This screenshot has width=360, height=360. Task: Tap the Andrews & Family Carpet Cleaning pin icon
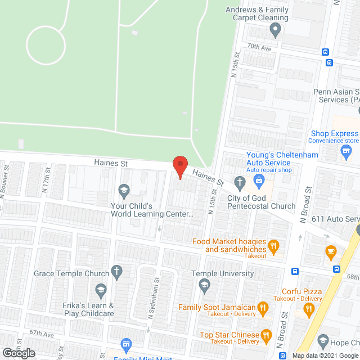pyautogui.click(x=276, y=30)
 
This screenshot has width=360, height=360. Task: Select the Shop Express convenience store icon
pyautogui.click(x=346, y=150)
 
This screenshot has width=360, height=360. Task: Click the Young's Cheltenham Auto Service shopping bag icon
pyautogui.click(x=259, y=181)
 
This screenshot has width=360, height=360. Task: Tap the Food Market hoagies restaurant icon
pyautogui.click(x=273, y=245)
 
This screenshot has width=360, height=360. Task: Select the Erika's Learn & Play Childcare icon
pyautogui.click(x=101, y=291)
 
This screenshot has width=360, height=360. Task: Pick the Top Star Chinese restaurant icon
pyautogui.click(x=267, y=335)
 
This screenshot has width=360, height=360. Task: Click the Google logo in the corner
pyautogui.click(x=18, y=353)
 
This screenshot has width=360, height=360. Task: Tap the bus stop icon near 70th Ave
pyautogui.click(x=326, y=52)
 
